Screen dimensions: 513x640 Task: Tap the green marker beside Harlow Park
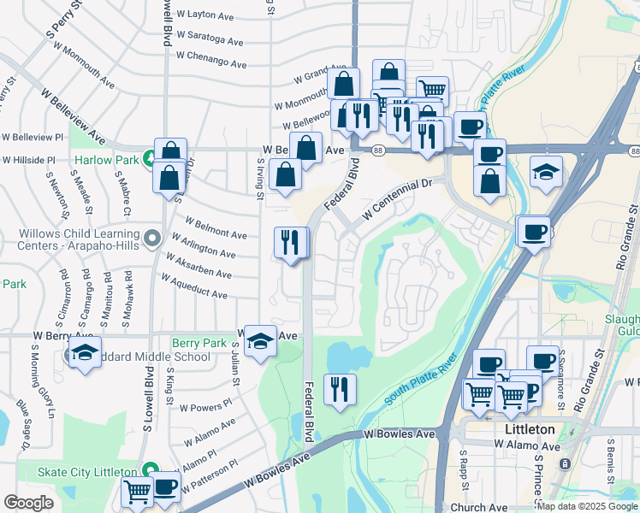coord(150,159)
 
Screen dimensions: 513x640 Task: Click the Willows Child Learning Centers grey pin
coord(152,237)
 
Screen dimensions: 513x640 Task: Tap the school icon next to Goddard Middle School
coord(85,353)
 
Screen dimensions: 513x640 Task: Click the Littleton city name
coord(524,429)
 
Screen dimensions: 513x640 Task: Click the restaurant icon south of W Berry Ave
coord(340,390)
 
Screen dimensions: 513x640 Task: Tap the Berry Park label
coord(199,344)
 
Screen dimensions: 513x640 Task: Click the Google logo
coord(28,503)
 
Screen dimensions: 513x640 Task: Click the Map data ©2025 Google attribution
coord(586,506)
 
